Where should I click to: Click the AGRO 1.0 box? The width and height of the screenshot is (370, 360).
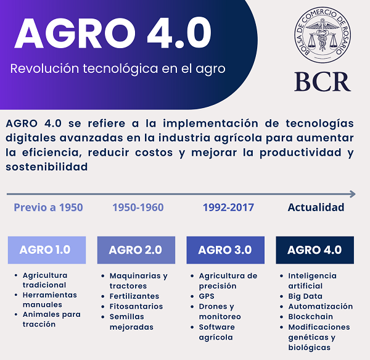pyautogui.click(x=46, y=250)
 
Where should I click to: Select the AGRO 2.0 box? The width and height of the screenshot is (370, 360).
pyautogui.click(x=136, y=250)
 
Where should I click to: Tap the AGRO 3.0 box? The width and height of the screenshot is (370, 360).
pyautogui.click(x=225, y=250)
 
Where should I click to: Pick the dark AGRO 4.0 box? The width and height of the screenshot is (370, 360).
pyautogui.click(x=314, y=250)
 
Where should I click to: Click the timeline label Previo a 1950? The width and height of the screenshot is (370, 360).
pyautogui.click(x=48, y=207)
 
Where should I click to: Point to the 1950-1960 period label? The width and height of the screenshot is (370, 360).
pyautogui.click(x=138, y=207)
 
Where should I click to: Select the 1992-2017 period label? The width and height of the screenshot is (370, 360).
pyautogui.click(x=228, y=207)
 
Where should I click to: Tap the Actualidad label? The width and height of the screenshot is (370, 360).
pyautogui.click(x=316, y=207)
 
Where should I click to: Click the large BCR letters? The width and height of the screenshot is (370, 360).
pyautogui.click(x=322, y=81)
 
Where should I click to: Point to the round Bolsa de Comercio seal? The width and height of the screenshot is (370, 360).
pyautogui.click(x=322, y=36)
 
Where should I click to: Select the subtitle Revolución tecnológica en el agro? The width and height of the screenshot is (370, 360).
pyautogui.click(x=118, y=68)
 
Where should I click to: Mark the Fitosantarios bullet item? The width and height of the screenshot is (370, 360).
pyautogui.click(x=136, y=306)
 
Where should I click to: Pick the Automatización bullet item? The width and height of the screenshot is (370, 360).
pyautogui.click(x=321, y=306)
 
